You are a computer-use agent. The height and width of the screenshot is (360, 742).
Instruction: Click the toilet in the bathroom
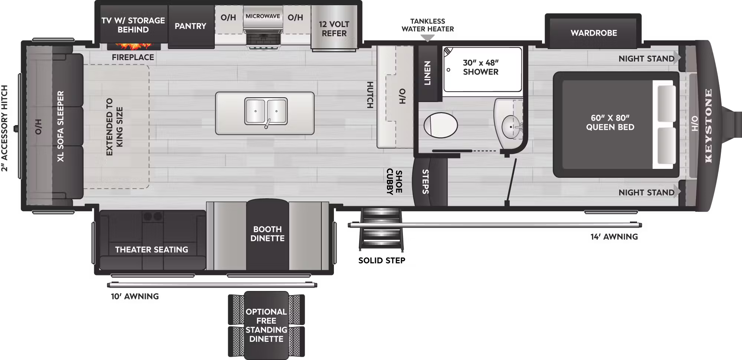(x=440, y=125)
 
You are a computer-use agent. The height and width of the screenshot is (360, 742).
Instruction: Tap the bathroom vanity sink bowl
(x=511, y=127)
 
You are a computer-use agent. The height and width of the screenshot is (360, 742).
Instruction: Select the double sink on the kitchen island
(x=266, y=111)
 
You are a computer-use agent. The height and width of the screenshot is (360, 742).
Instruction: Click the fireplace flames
(x=134, y=46)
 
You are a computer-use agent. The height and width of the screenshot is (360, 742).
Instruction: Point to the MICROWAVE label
(x=263, y=16)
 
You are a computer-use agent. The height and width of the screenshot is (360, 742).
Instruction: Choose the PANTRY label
(x=190, y=26)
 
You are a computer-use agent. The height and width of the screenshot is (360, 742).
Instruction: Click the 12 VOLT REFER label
(x=334, y=29)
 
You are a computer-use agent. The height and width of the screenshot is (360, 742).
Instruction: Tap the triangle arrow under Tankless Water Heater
(x=427, y=38)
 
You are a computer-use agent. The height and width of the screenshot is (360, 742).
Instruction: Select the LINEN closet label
(x=427, y=73)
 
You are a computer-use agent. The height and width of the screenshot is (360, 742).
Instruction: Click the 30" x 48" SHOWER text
(x=480, y=67)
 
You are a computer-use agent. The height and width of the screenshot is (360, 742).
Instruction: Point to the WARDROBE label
(x=594, y=33)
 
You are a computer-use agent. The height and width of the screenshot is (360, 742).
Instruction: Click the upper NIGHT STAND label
(x=646, y=59)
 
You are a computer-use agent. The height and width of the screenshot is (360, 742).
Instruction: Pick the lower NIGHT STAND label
(x=646, y=193)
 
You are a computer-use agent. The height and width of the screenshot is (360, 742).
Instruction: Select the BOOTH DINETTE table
(x=267, y=234)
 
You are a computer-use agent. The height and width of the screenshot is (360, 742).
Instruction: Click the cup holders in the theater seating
(x=153, y=216)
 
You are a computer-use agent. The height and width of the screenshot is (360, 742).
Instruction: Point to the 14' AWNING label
(x=614, y=237)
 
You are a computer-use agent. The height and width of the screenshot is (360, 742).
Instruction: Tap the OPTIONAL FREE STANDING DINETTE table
(x=266, y=325)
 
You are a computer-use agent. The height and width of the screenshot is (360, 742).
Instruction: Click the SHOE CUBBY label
(x=394, y=182)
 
